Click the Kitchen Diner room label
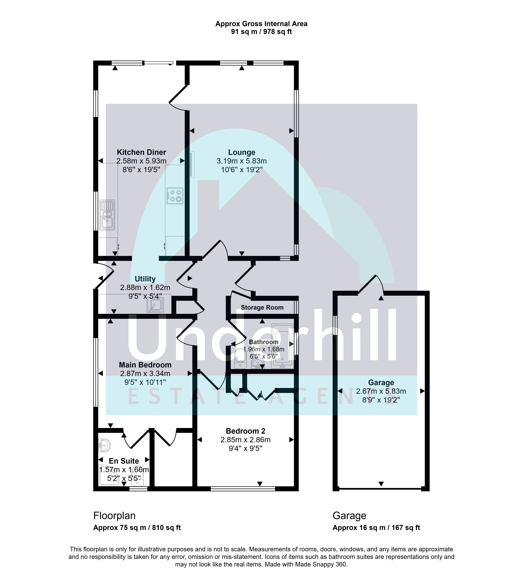pos(141,152)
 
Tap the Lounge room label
pos(242,152)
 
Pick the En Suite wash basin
pos(104,445)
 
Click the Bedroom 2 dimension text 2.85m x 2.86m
pos(245,440)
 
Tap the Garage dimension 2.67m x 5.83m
pos(381,391)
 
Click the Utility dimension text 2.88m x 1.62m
pos(145,288)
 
